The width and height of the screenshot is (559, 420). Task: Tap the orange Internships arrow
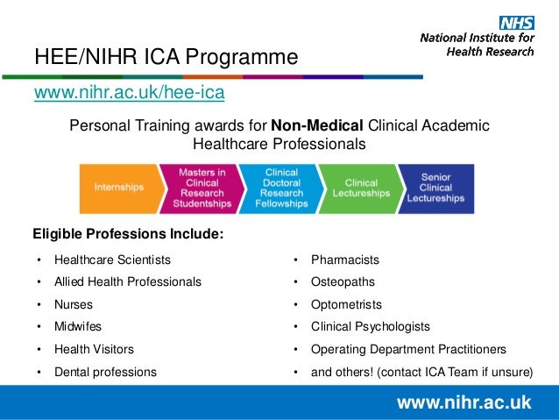pos(121,188)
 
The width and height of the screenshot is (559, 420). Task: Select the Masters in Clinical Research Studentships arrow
pos(202,188)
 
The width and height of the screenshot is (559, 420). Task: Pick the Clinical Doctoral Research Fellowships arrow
pos(280,188)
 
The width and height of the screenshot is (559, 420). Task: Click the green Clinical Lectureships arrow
pos(360,188)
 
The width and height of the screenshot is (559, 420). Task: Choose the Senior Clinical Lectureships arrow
pos(436,188)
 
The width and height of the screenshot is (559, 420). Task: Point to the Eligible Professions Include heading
pos(128,234)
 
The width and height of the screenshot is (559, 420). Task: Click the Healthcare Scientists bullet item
pos(112,260)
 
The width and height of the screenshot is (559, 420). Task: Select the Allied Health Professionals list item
pos(128,282)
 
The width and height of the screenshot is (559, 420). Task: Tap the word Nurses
pos(74,305)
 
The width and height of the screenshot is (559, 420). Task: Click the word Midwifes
pos(78,327)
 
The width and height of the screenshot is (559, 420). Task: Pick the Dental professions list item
pos(105,372)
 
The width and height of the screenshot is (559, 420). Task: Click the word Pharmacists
pos(345,260)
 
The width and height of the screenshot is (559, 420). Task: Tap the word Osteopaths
pos(343,282)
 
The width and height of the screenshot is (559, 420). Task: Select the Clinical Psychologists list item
pos(371,327)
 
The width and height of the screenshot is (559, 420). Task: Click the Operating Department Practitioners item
pos(408,349)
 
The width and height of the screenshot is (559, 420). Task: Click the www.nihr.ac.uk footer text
pos(463,403)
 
